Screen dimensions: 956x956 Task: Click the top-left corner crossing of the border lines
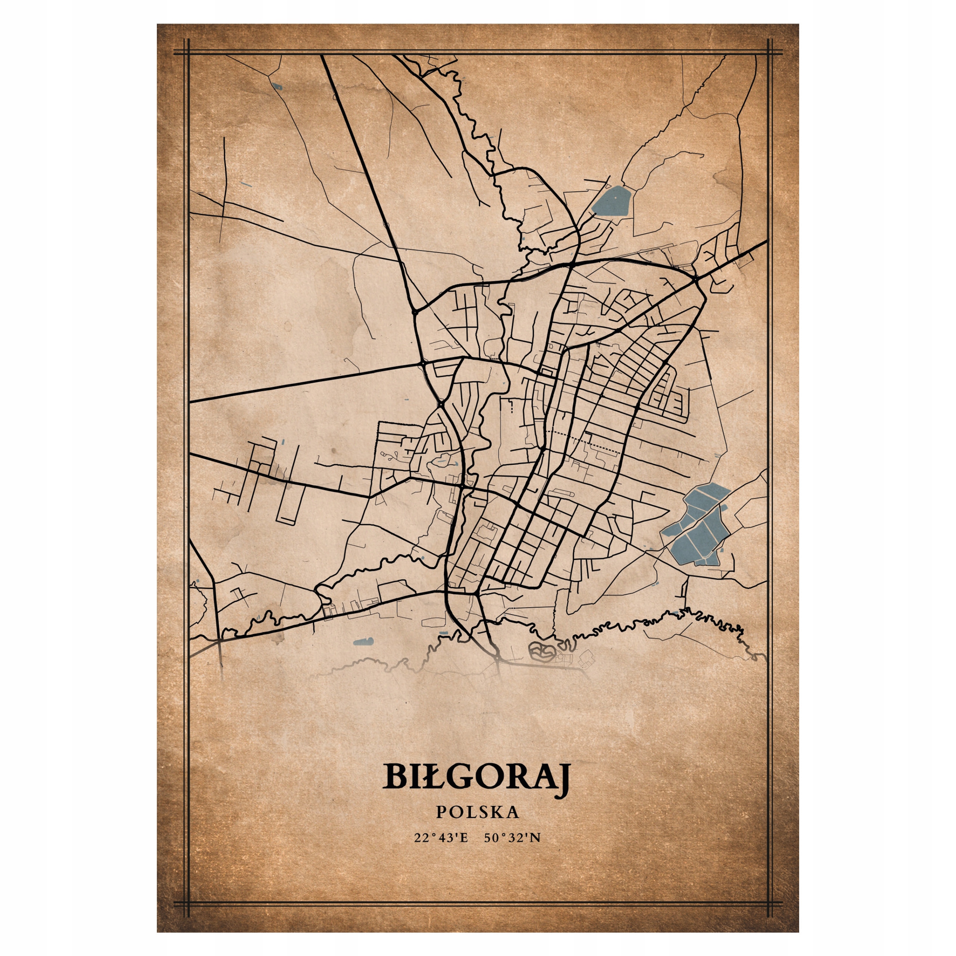(188, 52)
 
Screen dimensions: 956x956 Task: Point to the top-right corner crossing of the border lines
(769, 52)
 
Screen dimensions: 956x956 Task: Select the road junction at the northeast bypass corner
(696, 280)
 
